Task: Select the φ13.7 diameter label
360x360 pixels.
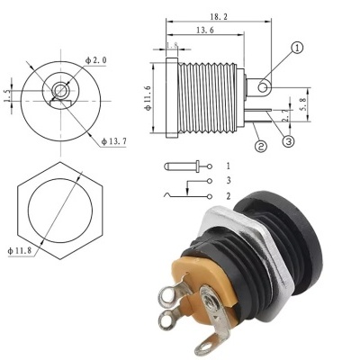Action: [117, 142]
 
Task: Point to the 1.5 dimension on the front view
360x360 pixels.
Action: [8, 93]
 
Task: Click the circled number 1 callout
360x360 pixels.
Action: [297, 49]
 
